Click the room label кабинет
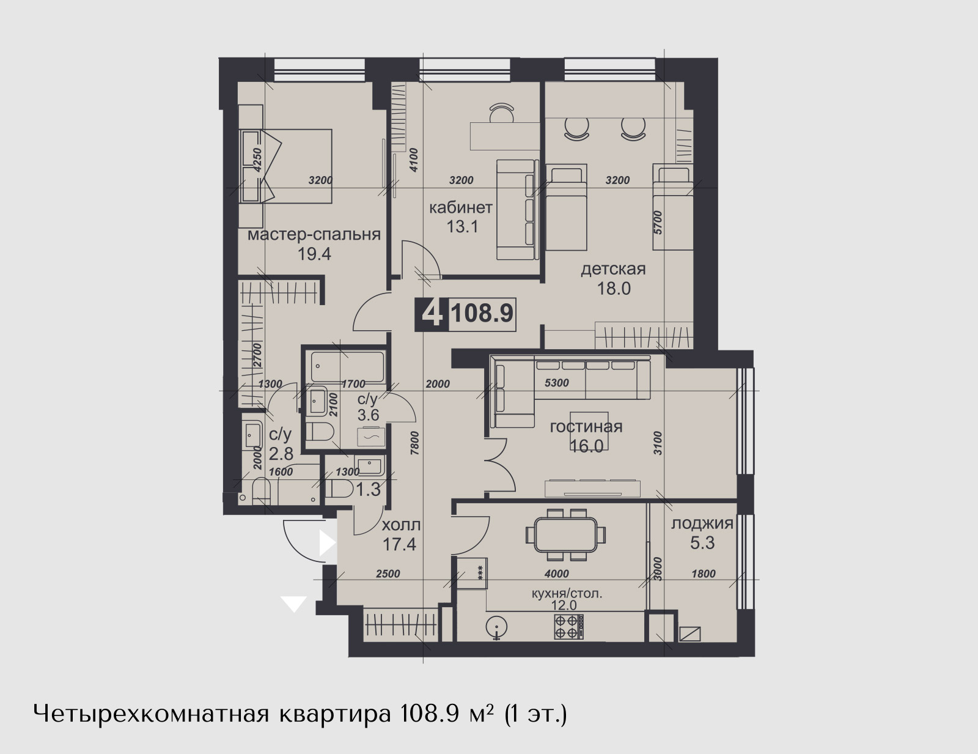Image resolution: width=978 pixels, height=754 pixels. coord(461,208)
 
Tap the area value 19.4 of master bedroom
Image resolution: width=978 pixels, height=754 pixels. coord(314,254)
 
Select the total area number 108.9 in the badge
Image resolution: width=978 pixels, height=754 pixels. coord(482,313)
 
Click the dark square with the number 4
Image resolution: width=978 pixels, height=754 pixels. coord(432,314)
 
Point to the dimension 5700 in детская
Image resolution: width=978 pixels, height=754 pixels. coord(658,223)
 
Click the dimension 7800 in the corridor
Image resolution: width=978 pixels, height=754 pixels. coord(414,443)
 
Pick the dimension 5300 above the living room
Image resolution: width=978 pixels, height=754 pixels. coord(557,383)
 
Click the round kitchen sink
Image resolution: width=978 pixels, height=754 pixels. coord(496,627)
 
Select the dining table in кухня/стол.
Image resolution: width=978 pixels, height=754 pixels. coord(566,534)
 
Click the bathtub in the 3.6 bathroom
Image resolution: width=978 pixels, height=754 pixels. coord(347,366)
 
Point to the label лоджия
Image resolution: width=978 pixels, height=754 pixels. coord(702,524)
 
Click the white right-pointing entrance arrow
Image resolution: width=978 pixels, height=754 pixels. coord(327,543)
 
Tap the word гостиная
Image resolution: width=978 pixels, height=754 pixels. coord(586,427)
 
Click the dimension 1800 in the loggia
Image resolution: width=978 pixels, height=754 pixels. coord(704,574)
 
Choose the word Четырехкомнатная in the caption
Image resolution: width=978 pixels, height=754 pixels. coord(151,714)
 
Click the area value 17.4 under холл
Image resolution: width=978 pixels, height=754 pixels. coord(399,545)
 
